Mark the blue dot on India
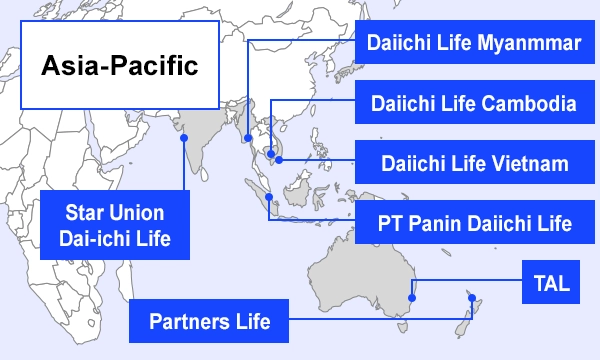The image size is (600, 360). coord(184,140)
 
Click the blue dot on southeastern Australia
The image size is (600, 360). coord(413,296)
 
